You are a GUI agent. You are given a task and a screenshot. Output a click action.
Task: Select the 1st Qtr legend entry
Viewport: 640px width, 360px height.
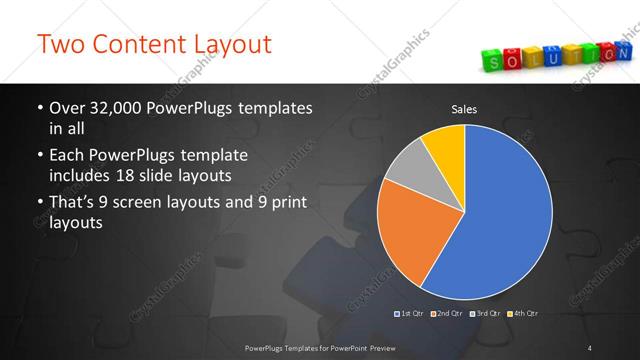click(x=411, y=314)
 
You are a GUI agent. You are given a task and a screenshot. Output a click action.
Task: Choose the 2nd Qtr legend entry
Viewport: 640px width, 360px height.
click(x=448, y=314)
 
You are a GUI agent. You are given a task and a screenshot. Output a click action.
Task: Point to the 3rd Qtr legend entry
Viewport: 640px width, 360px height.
click(x=486, y=314)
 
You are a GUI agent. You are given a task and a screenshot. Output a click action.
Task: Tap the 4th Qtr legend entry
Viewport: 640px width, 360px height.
click(x=522, y=314)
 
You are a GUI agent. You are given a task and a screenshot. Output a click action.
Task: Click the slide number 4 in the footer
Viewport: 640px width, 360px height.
click(x=590, y=347)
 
